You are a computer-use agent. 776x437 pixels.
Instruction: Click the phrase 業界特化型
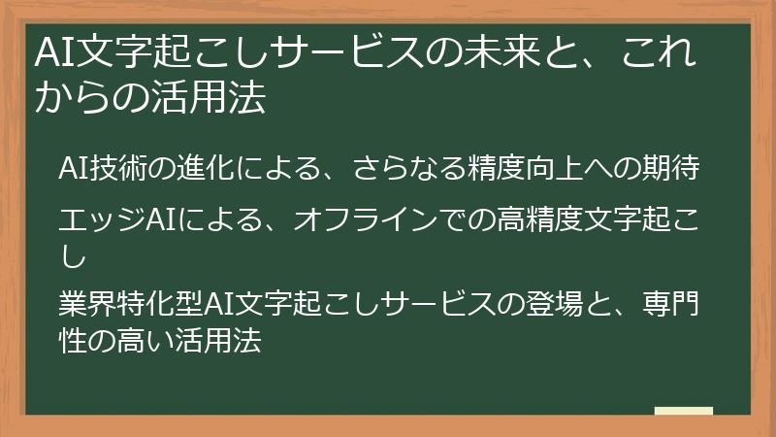point(130,308)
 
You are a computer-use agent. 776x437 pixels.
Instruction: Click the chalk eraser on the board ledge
point(684,413)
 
